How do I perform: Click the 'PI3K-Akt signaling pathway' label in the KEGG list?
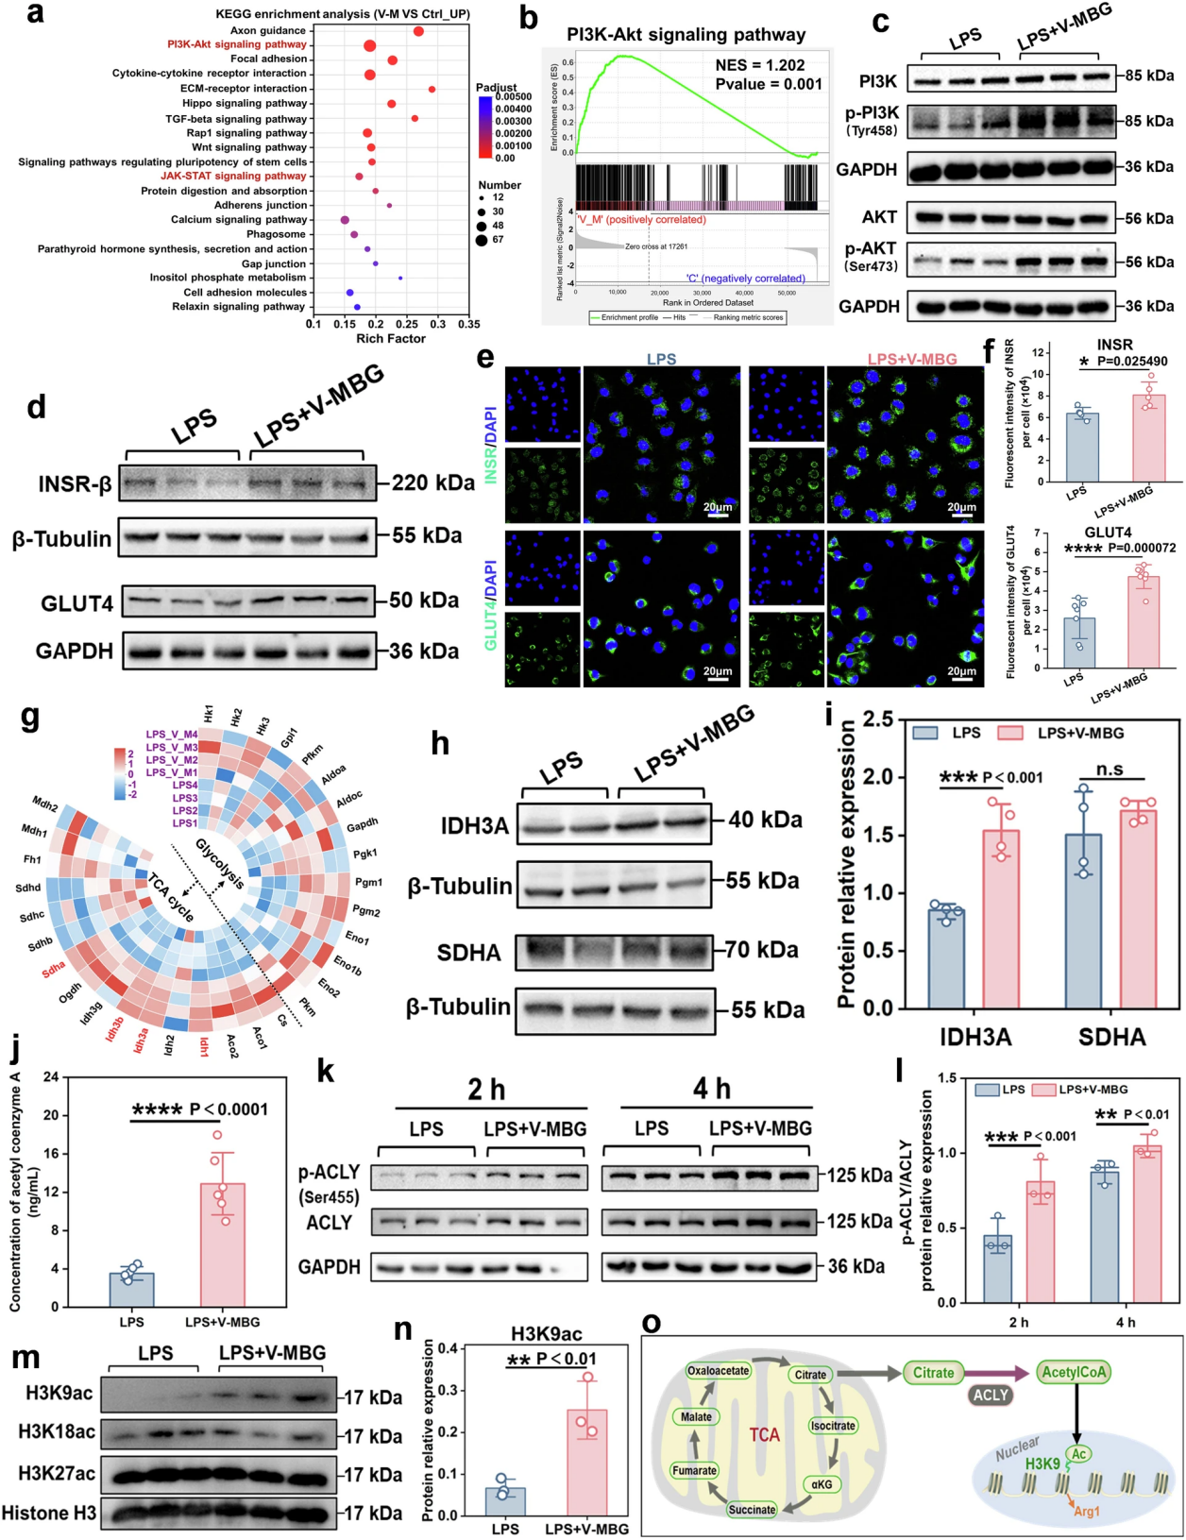[x=237, y=44]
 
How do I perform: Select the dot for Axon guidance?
[x=418, y=31]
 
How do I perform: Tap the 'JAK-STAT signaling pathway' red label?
[x=233, y=176]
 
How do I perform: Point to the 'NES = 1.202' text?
[x=759, y=65]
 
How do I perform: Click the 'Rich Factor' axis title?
[x=391, y=338]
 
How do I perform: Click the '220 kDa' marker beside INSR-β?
[x=433, y=482]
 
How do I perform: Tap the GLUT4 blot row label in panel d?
[x=77, y=603]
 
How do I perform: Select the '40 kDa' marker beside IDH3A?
[x=765, y=820]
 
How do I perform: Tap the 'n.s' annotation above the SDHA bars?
[x=1110, y=769]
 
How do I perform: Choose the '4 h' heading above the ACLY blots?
[x=712, y=1090]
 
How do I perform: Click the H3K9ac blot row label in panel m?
[x=59, y=1393]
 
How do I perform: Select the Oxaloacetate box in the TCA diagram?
[x=718, y=1370]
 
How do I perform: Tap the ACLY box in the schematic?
[x=991, y=1395]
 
